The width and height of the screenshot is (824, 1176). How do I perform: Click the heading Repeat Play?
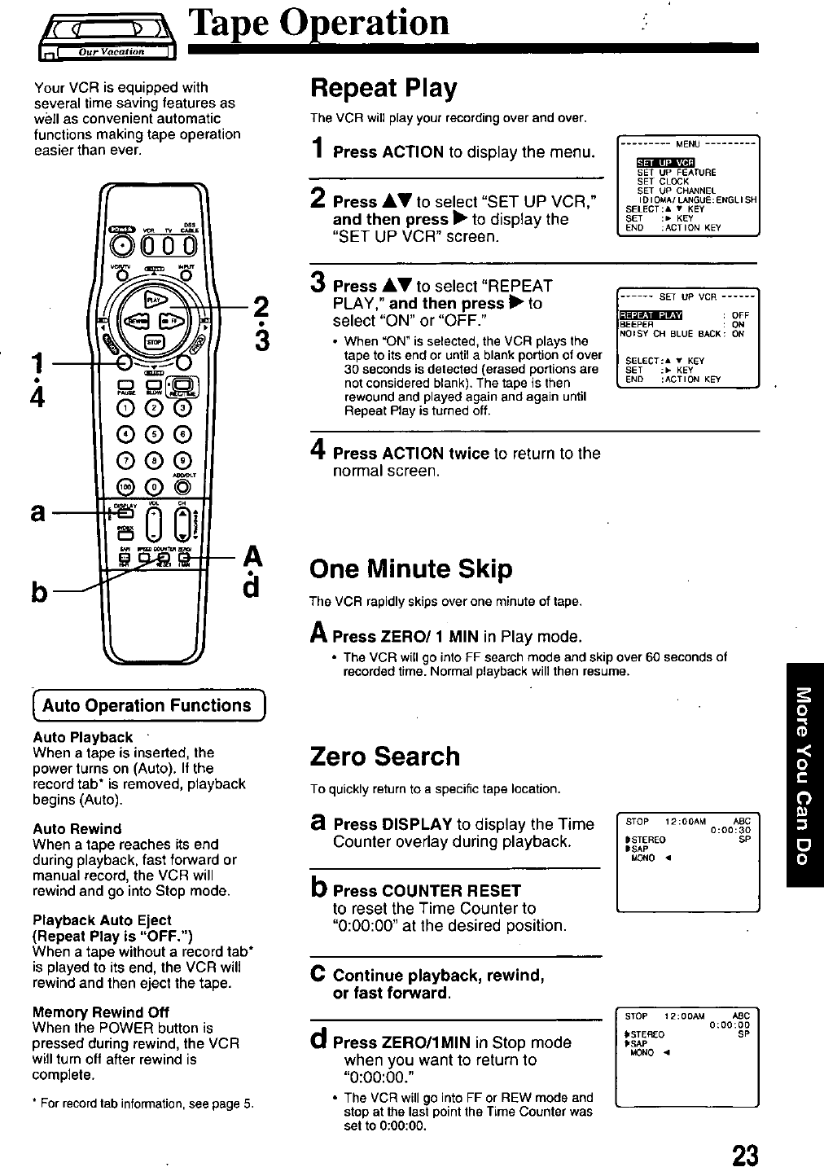coord(384,88)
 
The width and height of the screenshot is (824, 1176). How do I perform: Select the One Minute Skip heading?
coord(411,569)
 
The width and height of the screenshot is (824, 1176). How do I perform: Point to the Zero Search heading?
coord(385,757)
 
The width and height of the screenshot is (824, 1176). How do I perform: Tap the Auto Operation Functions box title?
coord(147,705)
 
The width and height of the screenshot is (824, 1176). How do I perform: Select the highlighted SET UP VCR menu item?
coord(664,161)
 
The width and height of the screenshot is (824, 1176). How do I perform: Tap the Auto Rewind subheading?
coord(77,829)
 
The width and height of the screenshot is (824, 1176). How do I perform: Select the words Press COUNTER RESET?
coord(427,890)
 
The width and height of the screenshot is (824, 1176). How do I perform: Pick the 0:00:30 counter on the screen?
coord(730,831)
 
